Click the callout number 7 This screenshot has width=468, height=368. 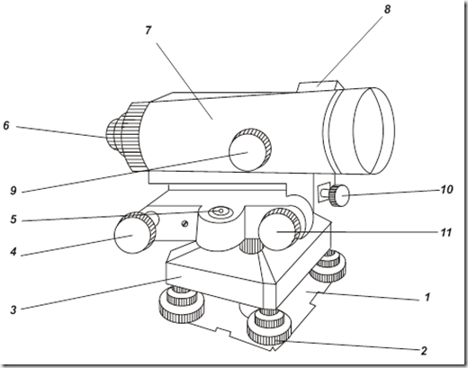click(148, 31)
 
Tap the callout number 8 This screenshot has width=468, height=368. click(387, 9)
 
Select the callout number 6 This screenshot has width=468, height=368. click(6, 125)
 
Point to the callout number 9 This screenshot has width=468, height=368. click(13, 191)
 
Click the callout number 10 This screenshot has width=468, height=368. click(446, 190)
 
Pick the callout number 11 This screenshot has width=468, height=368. click(446, 233)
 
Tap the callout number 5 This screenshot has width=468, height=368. click(13, 220)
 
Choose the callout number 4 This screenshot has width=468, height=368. click(13, 252)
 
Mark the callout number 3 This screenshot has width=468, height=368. click(13, 310)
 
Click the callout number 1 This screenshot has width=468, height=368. click(427, 297)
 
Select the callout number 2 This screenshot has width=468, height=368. click(424, 351)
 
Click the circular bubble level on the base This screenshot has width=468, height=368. click(220, 211)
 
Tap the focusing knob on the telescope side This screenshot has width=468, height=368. click(250, 149)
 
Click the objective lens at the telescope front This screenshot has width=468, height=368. click(374, 130)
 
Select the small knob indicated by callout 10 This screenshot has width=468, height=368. click(339, 196)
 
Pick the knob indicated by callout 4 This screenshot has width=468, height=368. click(136, 233)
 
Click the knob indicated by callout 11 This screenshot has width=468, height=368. click(280, 229)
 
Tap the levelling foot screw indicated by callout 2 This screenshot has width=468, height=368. click(269, 327)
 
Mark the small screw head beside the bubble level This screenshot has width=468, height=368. click(185, 223)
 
